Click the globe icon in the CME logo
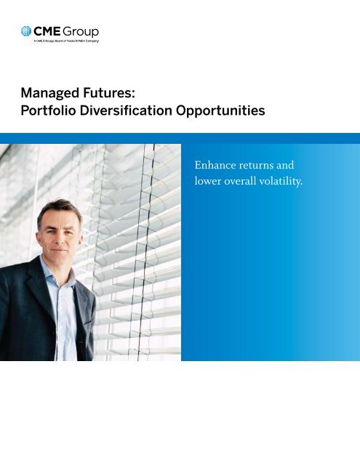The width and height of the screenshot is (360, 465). pyautogui.click(x=26, y=31)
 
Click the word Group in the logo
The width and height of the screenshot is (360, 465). pyautogui.click(x=81, y=32)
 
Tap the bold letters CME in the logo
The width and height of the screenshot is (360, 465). pyautogui.click(x=47, y=31)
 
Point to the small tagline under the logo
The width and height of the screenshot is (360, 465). pyautogui.click(x=66, y=41)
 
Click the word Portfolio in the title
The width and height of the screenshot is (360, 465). pyautogui.click(x=49, y=110)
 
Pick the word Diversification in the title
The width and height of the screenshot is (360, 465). pyautogui.click(x=126, y=110)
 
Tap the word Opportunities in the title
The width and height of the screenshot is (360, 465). pyautogui.click(x=220, y=111)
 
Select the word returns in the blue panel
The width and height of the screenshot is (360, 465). pyautogui.click(x=256, y=166)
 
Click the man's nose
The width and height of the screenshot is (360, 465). pyautogui.click(x=60, y=239)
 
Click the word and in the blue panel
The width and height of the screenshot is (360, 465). pyautogui.click(x=285, y=165)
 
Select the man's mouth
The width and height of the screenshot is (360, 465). pyautogui.click(x=59, y=250)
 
